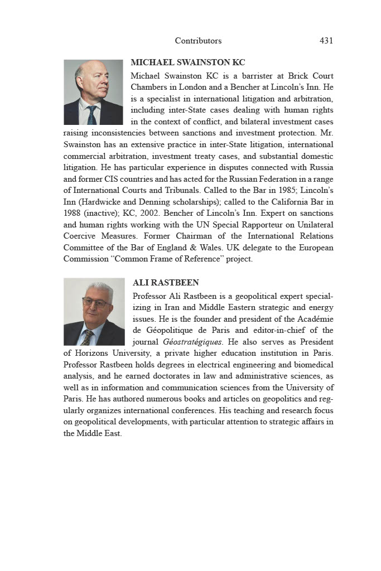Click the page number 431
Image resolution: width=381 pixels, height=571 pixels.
click(x=326, y=41)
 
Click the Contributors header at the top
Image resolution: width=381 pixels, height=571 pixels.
click(x=198, y=41)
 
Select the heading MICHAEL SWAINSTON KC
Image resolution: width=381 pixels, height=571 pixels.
click(x=188, y=62)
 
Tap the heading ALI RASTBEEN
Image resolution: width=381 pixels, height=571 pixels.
click(x=166, y=283)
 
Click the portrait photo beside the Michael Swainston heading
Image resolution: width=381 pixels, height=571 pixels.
click(x=93, y=92)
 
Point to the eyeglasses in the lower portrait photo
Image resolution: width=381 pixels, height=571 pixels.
click(x=96, y=303)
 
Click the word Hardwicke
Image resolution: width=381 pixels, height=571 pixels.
click(x=102, y=202)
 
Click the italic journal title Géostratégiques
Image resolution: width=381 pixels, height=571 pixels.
click(x=191, y=342)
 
